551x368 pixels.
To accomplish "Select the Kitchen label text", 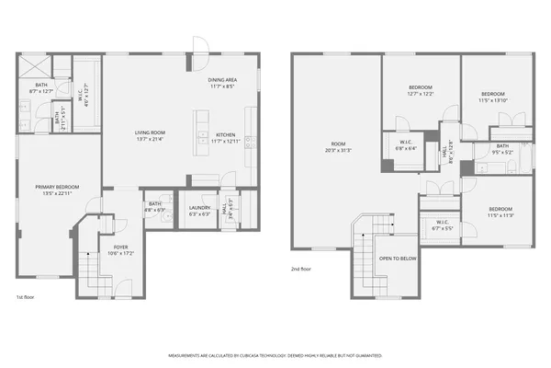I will coord(225,137).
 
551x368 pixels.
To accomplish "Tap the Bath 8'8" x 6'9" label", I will coord(155,207).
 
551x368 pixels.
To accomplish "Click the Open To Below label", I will coord(399,259).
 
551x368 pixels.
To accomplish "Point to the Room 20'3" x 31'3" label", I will coord(338,147).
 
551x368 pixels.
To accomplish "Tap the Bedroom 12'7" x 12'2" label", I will coord(421,90).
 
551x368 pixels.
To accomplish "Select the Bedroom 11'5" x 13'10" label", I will coord(492,96).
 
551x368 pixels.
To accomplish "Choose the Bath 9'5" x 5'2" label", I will coord(502,148).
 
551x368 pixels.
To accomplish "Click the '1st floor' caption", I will coord(26,297).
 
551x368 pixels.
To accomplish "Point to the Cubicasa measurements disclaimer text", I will coord(275,354).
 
